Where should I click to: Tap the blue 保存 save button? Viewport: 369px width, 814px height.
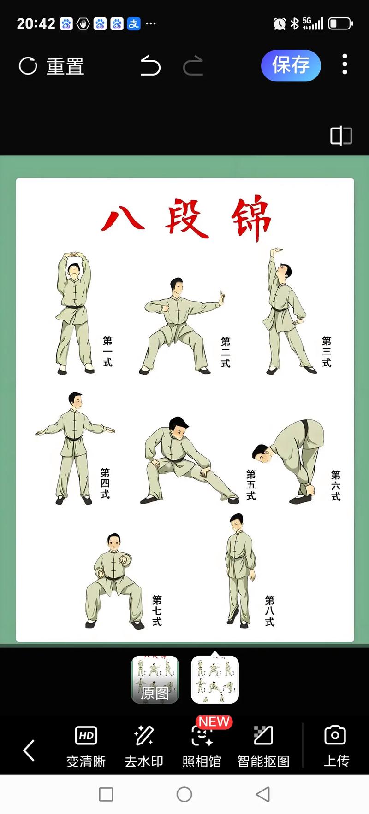291,65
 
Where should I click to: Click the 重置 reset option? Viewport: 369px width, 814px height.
52,66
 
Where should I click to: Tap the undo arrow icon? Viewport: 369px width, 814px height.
150,65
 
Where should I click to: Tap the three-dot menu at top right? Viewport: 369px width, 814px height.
345,64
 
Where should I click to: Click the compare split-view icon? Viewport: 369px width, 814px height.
341,136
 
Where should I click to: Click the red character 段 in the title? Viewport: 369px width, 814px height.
187,219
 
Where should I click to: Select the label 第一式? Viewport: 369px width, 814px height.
107,351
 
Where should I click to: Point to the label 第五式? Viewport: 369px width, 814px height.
251,485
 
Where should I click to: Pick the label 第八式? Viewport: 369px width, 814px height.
270,611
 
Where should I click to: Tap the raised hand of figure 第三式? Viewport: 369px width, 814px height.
276,250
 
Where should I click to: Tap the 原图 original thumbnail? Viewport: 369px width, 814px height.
155,680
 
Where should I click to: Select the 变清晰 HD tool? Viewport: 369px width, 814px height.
86,746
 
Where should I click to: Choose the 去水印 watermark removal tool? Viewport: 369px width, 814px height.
144,746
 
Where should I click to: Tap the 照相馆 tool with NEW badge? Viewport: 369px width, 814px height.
202,746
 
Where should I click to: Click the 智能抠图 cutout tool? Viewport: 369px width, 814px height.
263,746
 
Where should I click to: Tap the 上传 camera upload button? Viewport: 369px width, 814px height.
336,746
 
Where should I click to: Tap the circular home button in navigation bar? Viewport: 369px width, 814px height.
184,794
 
